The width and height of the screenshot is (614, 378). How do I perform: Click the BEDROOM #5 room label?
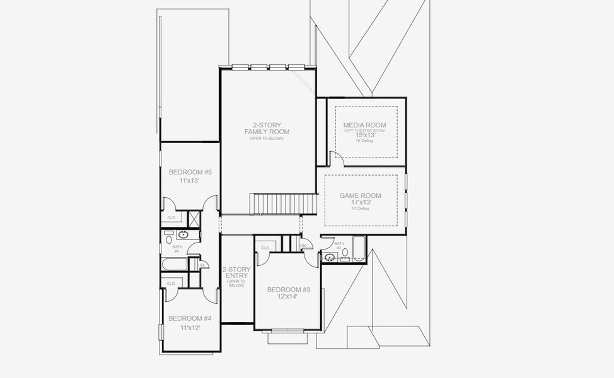(x=190, y=172)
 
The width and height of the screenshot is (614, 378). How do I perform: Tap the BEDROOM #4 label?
(x=190, y=318)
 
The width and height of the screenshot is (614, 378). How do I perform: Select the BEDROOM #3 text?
(x=289, y=290)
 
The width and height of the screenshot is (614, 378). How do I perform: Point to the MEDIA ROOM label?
(x=364, y=125)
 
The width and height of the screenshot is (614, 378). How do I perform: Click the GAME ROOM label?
(x=361, y=196)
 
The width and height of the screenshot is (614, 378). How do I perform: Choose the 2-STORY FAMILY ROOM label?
(x=267, y=128)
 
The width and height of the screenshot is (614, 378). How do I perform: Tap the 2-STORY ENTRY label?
(x=236, y=272)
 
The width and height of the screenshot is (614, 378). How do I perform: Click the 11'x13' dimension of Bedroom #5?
(x=190, y=181)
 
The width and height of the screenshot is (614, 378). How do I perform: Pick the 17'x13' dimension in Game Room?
(x=361, y=203)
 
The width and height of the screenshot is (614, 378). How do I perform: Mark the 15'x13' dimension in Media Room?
(x=364, y=135)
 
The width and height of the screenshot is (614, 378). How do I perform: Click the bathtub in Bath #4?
(x=175, y=265)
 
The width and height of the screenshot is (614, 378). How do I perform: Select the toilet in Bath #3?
(x=345, y=259)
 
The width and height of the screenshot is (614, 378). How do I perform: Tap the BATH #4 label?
(x=177, y=249)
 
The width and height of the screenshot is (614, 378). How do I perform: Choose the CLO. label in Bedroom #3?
(x=265, y=248)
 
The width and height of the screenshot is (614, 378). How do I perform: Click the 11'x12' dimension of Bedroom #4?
(x=190, y=328)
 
